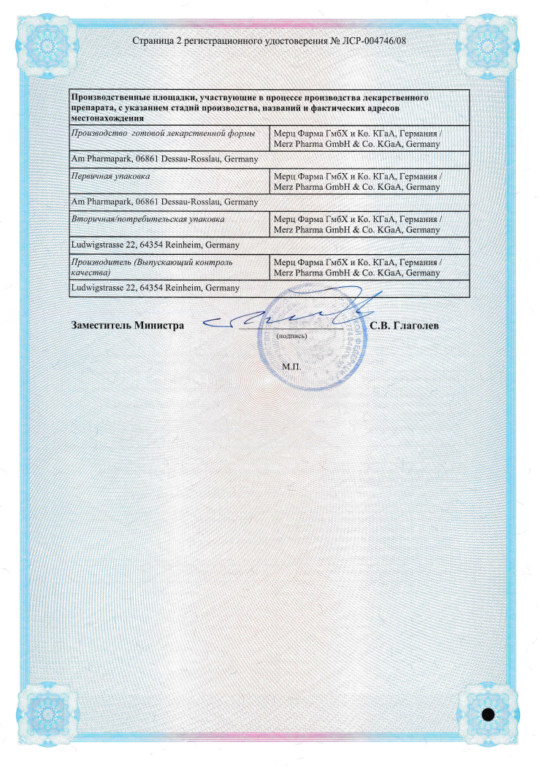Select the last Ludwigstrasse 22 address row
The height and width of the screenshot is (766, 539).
click(154, 288)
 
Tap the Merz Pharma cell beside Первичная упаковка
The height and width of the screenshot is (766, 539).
click(356, 182)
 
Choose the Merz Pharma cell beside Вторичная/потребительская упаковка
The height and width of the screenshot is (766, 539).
click(356, 224)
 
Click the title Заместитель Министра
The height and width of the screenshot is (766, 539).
click(127, 325)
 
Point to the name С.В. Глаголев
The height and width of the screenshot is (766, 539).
click(405, 325)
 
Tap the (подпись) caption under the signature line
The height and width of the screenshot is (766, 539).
click(291, 336)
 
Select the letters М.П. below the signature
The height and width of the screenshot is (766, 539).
click(291, 364)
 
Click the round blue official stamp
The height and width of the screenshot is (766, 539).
click(314, 340)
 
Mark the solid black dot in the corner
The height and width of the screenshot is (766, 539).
click(489, 713)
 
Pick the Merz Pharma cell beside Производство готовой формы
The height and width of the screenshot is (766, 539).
click(356, 139)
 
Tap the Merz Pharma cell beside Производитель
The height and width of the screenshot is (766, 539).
click(356, 267)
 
